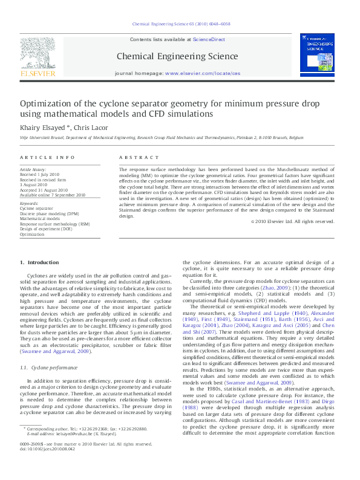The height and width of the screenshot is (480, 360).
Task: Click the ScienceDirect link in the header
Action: click(209, 39)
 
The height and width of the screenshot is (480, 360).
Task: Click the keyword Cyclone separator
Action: click(36, 207)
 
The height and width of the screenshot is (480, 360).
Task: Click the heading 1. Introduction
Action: click(39, 262)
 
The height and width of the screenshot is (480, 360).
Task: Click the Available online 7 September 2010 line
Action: click(53, 195)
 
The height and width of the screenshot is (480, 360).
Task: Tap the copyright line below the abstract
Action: click(292, 221)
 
